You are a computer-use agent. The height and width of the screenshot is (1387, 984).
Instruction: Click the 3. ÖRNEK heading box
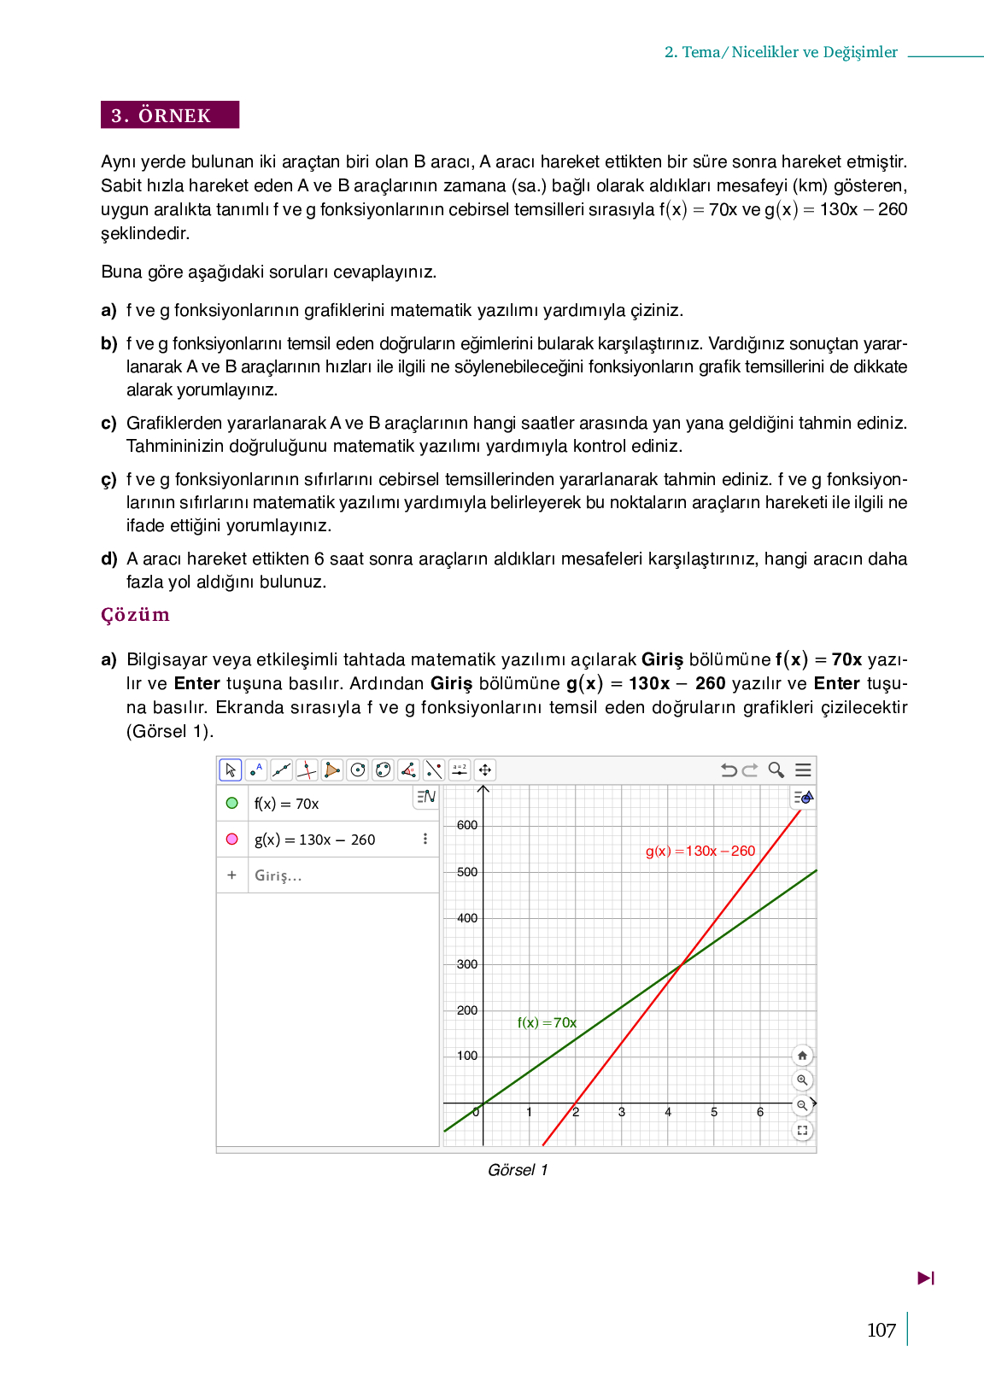pos(169,115)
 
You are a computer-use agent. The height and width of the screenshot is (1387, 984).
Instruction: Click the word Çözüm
pos(135,615)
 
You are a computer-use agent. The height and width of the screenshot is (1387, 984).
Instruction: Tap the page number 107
pos(881,1330)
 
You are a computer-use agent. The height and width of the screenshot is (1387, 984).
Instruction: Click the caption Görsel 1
pos(518,1170)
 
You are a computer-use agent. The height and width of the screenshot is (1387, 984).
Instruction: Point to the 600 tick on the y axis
pos(467,826)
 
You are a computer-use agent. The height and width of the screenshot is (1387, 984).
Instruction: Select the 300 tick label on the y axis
pos(467,964)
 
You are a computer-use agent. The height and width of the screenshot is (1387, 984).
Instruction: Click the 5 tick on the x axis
pos(714,1112)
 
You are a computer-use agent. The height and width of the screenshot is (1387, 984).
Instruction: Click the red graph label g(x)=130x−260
pos(700,852)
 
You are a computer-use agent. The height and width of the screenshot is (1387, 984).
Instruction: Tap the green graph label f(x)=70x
pos(547,1022)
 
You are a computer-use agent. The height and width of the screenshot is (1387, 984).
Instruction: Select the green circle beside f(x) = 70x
pos(231,803)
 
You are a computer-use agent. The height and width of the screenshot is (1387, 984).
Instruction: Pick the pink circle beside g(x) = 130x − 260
pos(231,839)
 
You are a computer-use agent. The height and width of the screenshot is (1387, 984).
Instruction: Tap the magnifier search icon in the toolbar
pos(776,770)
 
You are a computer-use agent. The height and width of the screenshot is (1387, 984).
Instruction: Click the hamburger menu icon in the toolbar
pos(803,770)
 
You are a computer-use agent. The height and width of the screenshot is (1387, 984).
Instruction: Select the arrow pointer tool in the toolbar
pos(230,770)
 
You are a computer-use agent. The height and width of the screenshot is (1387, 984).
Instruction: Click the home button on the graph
pos(802,1056)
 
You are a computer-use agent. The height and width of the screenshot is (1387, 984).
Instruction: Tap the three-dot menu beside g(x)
pos(425,839)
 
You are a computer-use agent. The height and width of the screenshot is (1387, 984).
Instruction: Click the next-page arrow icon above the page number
pos(926,1279)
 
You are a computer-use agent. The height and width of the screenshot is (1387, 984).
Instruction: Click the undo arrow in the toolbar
pos(729,770)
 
